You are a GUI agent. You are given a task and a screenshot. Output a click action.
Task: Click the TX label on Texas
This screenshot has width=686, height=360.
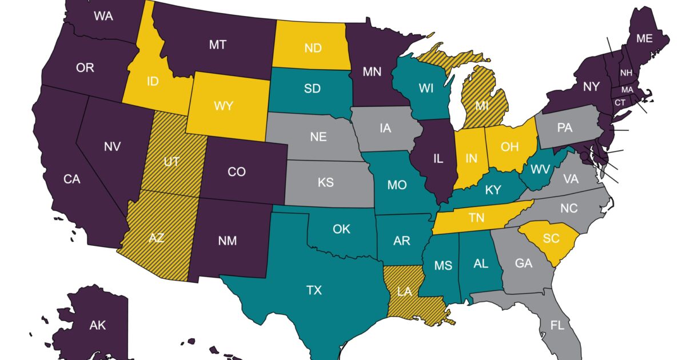click(x=314, y=290)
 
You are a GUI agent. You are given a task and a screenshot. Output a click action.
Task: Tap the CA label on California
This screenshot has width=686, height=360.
click(x=71, y=179)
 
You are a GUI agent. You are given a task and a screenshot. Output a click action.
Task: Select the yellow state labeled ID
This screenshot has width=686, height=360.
click(x=153, y=81)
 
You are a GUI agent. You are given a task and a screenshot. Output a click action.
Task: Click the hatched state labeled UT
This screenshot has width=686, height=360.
click(x=171, y=162)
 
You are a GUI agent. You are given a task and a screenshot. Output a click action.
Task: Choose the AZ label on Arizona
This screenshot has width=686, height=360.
click(x=156, y=237)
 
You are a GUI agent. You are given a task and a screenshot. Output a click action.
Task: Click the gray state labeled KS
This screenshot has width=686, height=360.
click(x=326, y=183)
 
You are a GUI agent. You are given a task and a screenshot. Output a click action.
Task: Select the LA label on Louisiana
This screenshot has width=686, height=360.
click(x=404, y=291)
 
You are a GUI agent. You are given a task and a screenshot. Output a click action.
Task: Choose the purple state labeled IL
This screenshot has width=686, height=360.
click(x=438, y=159)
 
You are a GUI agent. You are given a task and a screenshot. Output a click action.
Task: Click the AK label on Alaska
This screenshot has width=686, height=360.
click(x=97, y=325)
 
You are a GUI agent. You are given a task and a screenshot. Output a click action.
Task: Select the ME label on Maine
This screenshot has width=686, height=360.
click(x=644, y=38)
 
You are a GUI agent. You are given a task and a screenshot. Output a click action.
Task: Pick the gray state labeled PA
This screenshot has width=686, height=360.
click(x=564, y=127)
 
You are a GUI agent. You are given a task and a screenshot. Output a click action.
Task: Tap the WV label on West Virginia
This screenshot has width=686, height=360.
click(x=540, y=169)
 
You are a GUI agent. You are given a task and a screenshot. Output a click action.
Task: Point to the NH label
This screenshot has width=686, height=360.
click(x=626, y=73)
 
